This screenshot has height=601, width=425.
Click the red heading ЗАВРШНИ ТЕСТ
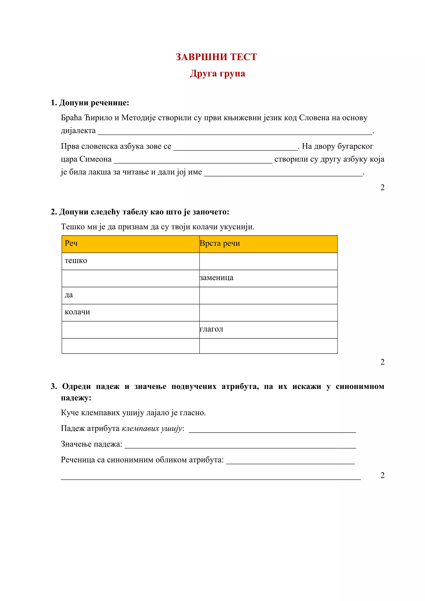pyautogui.click(x=216, y=57)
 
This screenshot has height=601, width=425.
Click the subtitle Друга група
pyautogui.click(x=217, y=74)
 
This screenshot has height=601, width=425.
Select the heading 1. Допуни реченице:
pyautogui.click(x=90, y=103)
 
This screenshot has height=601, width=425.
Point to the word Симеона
pyautogui.click(x=95, y=159)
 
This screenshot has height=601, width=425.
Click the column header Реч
pyautogui.click(x=71, y=243)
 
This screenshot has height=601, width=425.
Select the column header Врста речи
pyautogui.click(x=220, y=243)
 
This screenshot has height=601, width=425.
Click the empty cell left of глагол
pyautogui.click(x=130, y=330)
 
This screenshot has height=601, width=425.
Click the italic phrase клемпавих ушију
pyautogui.click(x=152, y=428)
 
